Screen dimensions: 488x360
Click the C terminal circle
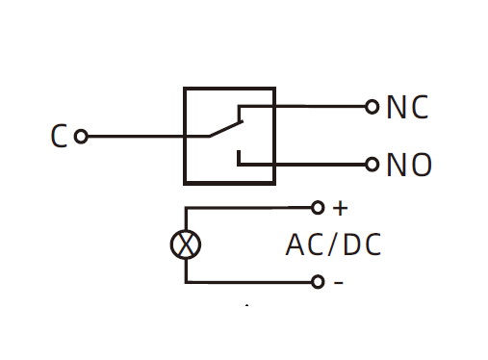coord(81,136)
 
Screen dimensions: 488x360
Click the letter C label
coord(59,136)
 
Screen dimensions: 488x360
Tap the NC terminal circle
coord(372,107)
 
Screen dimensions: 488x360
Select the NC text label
coord(407,107)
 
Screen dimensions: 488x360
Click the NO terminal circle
coord(372,165)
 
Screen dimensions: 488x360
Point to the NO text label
coord(409,165)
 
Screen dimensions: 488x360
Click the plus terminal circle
coord(318,208)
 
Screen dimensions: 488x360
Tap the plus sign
coord(340,208)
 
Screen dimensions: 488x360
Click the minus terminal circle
coord(318,282)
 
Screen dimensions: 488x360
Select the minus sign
coord(339,282)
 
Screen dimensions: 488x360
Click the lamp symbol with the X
coord(186,244)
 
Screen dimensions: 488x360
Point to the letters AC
coord(304,244)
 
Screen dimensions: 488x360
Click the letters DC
coord(362,244)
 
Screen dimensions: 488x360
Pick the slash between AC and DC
coord(332,244)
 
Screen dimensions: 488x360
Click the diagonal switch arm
coord(226,129)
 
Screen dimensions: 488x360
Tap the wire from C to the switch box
coord(148,137)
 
